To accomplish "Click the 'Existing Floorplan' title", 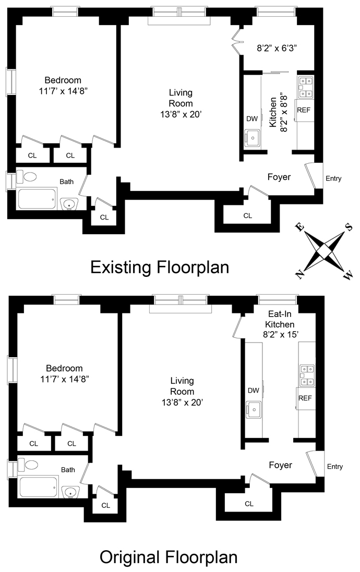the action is click(x=160, y=267).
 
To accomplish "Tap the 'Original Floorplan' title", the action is click(x=169, y=557).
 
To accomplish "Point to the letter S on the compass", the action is click(x=349, y=227).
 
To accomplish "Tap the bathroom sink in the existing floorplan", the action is click(x=69, y=204).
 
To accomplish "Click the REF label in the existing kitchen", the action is click(x=304, y=110).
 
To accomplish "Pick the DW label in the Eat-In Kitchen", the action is click(x=253, y=391).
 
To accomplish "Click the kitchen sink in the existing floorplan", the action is click(x=253, y=138).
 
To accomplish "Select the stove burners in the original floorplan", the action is click(x=307, y=375).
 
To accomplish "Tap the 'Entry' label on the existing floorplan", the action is click(x=333, y=178).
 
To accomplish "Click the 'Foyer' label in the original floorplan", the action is click(x=280, y=465).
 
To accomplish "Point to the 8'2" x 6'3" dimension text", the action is click(x=277, y=48).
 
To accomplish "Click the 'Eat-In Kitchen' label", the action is click(x=280, y=319).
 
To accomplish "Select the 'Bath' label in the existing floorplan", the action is click(x=66, y=181).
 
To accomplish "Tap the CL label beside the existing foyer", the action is click(x=247, y=215).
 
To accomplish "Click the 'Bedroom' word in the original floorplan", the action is click(x=64, y=368).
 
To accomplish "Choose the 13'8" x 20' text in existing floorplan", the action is click(x=181, y=114).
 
